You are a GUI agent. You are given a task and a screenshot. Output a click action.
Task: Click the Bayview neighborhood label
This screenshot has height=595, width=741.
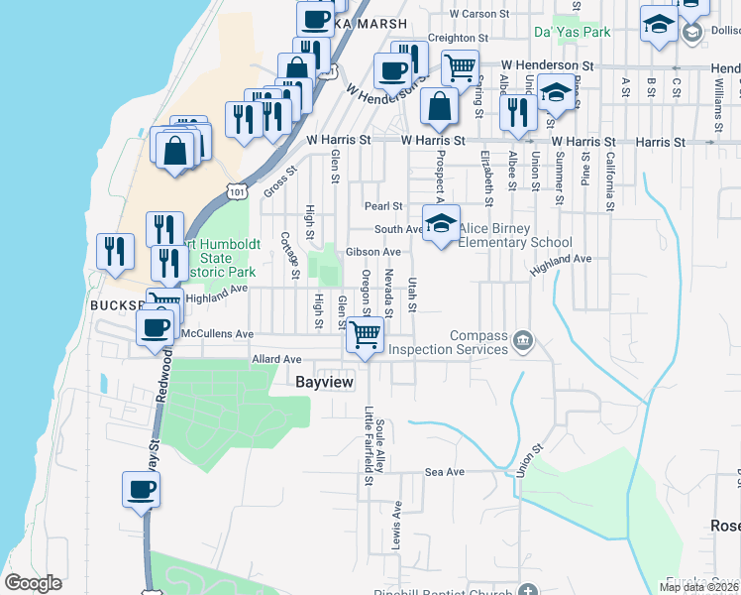[x=326, y=381]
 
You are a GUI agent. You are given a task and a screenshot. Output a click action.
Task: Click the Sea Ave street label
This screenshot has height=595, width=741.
[x=444, y=472]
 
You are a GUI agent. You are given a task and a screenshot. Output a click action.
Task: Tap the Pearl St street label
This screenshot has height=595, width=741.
[x=383, y=206]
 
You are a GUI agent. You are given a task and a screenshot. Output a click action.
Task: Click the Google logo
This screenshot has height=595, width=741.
[x=34, y=583]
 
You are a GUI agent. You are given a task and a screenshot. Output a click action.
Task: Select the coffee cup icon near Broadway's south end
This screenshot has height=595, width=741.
[x=141, y=489]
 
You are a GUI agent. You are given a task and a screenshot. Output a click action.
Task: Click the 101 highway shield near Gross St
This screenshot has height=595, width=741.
[x=236, y=187]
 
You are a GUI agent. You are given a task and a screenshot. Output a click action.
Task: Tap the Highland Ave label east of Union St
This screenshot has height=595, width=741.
[x=561, y=260]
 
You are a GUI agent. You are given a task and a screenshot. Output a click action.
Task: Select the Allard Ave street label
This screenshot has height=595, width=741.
[x=275, y=358]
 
